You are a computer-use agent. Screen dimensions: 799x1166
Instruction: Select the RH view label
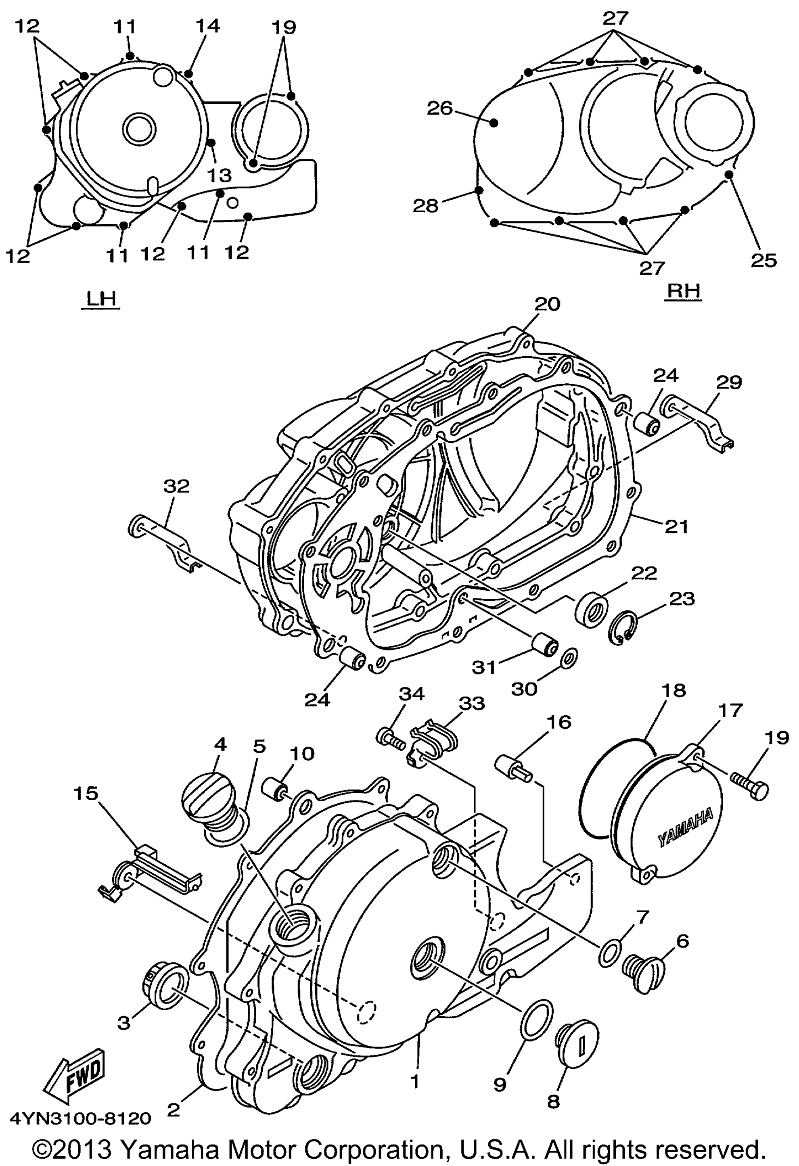point(683,291)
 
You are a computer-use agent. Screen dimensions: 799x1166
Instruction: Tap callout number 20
point(547,304)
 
